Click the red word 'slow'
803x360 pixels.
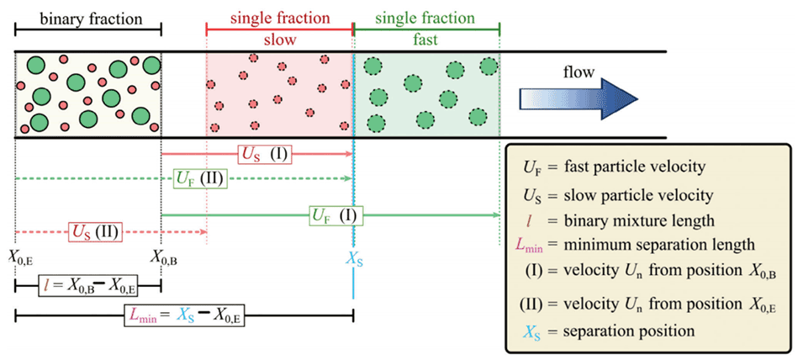click(x=280, y=40)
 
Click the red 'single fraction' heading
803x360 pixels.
click(x=280, y=17)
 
